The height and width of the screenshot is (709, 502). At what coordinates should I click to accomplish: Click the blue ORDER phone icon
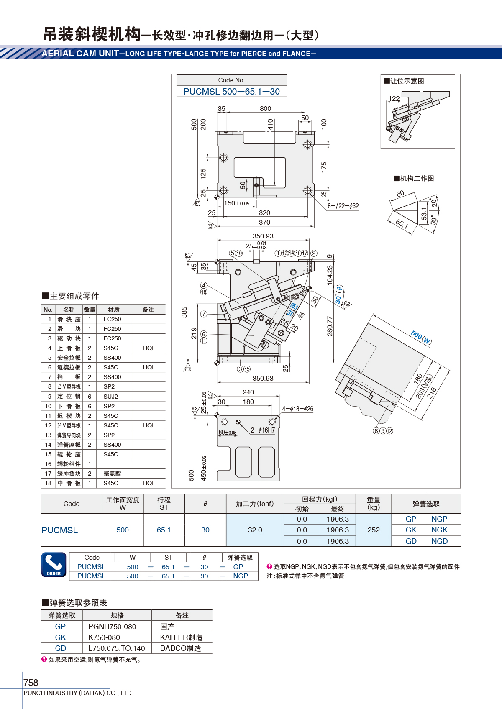(x=54, y=565)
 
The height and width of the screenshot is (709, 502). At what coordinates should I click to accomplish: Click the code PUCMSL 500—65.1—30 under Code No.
(x=231, y=92)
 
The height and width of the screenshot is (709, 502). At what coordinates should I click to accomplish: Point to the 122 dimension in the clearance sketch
(x=394, y=98)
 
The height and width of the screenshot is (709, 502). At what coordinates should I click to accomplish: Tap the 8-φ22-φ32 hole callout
(x=343, y=206)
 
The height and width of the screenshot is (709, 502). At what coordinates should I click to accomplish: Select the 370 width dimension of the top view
(x=265, y=222)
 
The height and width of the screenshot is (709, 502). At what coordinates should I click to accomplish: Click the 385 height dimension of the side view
(x=184, y=312)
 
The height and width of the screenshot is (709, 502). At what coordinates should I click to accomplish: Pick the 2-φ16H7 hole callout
(x=263, y=430)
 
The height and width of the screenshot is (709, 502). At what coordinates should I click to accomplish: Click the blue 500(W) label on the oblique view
(x=421, y=338)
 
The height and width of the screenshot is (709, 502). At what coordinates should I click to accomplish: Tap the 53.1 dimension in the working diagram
(x=424, y=214)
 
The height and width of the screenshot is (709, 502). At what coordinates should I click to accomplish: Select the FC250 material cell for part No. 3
(x=112, y=338)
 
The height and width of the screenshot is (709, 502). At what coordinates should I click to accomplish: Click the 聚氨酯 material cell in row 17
(x=112, y=474)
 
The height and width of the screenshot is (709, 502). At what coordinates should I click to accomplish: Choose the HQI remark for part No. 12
(x=148, y=425)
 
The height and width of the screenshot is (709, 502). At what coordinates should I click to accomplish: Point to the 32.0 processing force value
(x=255, y=530)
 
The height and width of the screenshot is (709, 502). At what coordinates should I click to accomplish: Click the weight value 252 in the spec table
(x=374, y=530)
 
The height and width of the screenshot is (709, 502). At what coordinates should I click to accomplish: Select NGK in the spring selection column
(x=439, y=530)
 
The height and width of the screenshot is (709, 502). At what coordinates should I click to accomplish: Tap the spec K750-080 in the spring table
(x=104, y=637)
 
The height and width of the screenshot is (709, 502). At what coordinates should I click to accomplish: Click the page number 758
(x=31, y=683)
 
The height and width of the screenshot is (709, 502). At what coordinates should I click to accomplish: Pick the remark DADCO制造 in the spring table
(x=180, y=648)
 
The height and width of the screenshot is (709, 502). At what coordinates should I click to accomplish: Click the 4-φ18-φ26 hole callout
(x=297, y=409)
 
